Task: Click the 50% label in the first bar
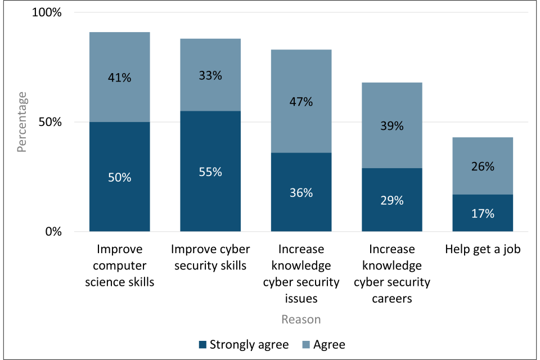coord(119,178)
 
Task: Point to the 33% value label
coord(210,75)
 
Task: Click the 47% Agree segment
coord(301,101)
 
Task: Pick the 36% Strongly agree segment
coord(301,192)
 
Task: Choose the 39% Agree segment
coord(392,125)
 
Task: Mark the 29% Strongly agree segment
coord(392,200)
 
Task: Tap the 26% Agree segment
coord(483,166)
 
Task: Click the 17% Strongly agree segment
coord(483,213)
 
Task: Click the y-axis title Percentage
coord(22,122)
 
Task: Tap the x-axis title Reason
coord(301,319)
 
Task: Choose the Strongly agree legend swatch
coord(202,344)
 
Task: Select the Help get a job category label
coord(483,249)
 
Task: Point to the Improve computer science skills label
coord(119,265)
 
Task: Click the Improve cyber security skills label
coord(210,257)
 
